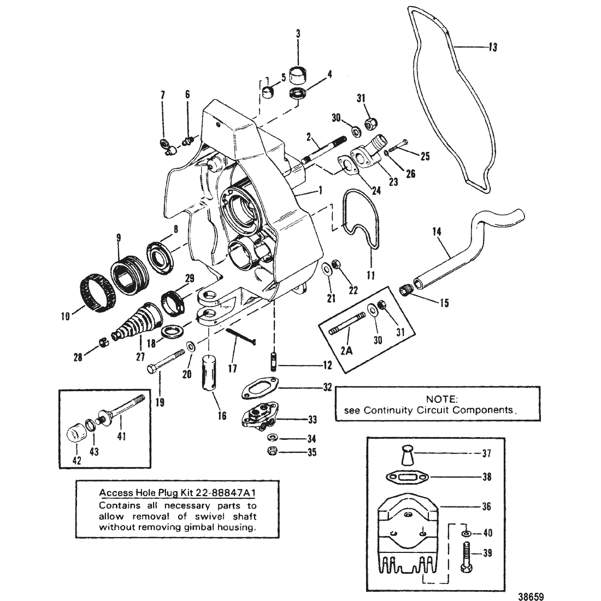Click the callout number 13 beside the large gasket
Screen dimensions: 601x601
pos(493,47)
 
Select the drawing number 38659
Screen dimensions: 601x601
pos(531,597)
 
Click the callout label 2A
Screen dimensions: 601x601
pos(346,350)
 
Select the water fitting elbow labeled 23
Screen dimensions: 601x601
pos(370,154)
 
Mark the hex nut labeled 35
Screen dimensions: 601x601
pos(273,451)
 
